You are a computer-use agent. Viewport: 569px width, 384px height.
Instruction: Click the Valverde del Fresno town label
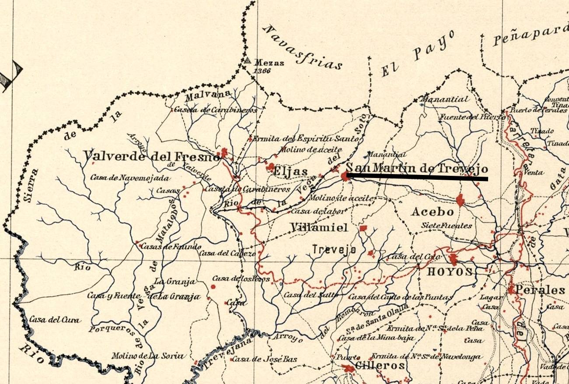[x=151, y=156]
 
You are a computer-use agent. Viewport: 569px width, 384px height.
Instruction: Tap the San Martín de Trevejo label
[x=416, y=168]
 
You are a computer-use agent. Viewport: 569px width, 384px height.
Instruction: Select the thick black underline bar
[x=417, y=177]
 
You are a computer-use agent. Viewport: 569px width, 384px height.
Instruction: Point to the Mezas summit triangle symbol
[x=248, y=60]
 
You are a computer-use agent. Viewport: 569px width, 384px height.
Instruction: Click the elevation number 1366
[x=262, y=71]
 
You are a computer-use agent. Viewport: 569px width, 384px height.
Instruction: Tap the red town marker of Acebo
[x=460, y=200]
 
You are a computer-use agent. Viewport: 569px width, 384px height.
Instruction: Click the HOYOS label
[x=450, y=272]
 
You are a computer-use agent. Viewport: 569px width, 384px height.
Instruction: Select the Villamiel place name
[x=319, y=227]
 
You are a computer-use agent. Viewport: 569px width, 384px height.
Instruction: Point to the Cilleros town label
[x=380, y=366]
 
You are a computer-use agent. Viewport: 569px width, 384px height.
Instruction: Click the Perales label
[x=540, y=290]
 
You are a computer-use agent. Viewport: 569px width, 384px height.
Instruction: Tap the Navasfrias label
[x=302, y=47]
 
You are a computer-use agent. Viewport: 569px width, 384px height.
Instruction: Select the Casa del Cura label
[x=55, y=320]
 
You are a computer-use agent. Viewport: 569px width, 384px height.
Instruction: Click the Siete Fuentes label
[x=447, y=226]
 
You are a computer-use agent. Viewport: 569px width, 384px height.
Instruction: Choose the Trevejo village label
[x=334, y=249]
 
